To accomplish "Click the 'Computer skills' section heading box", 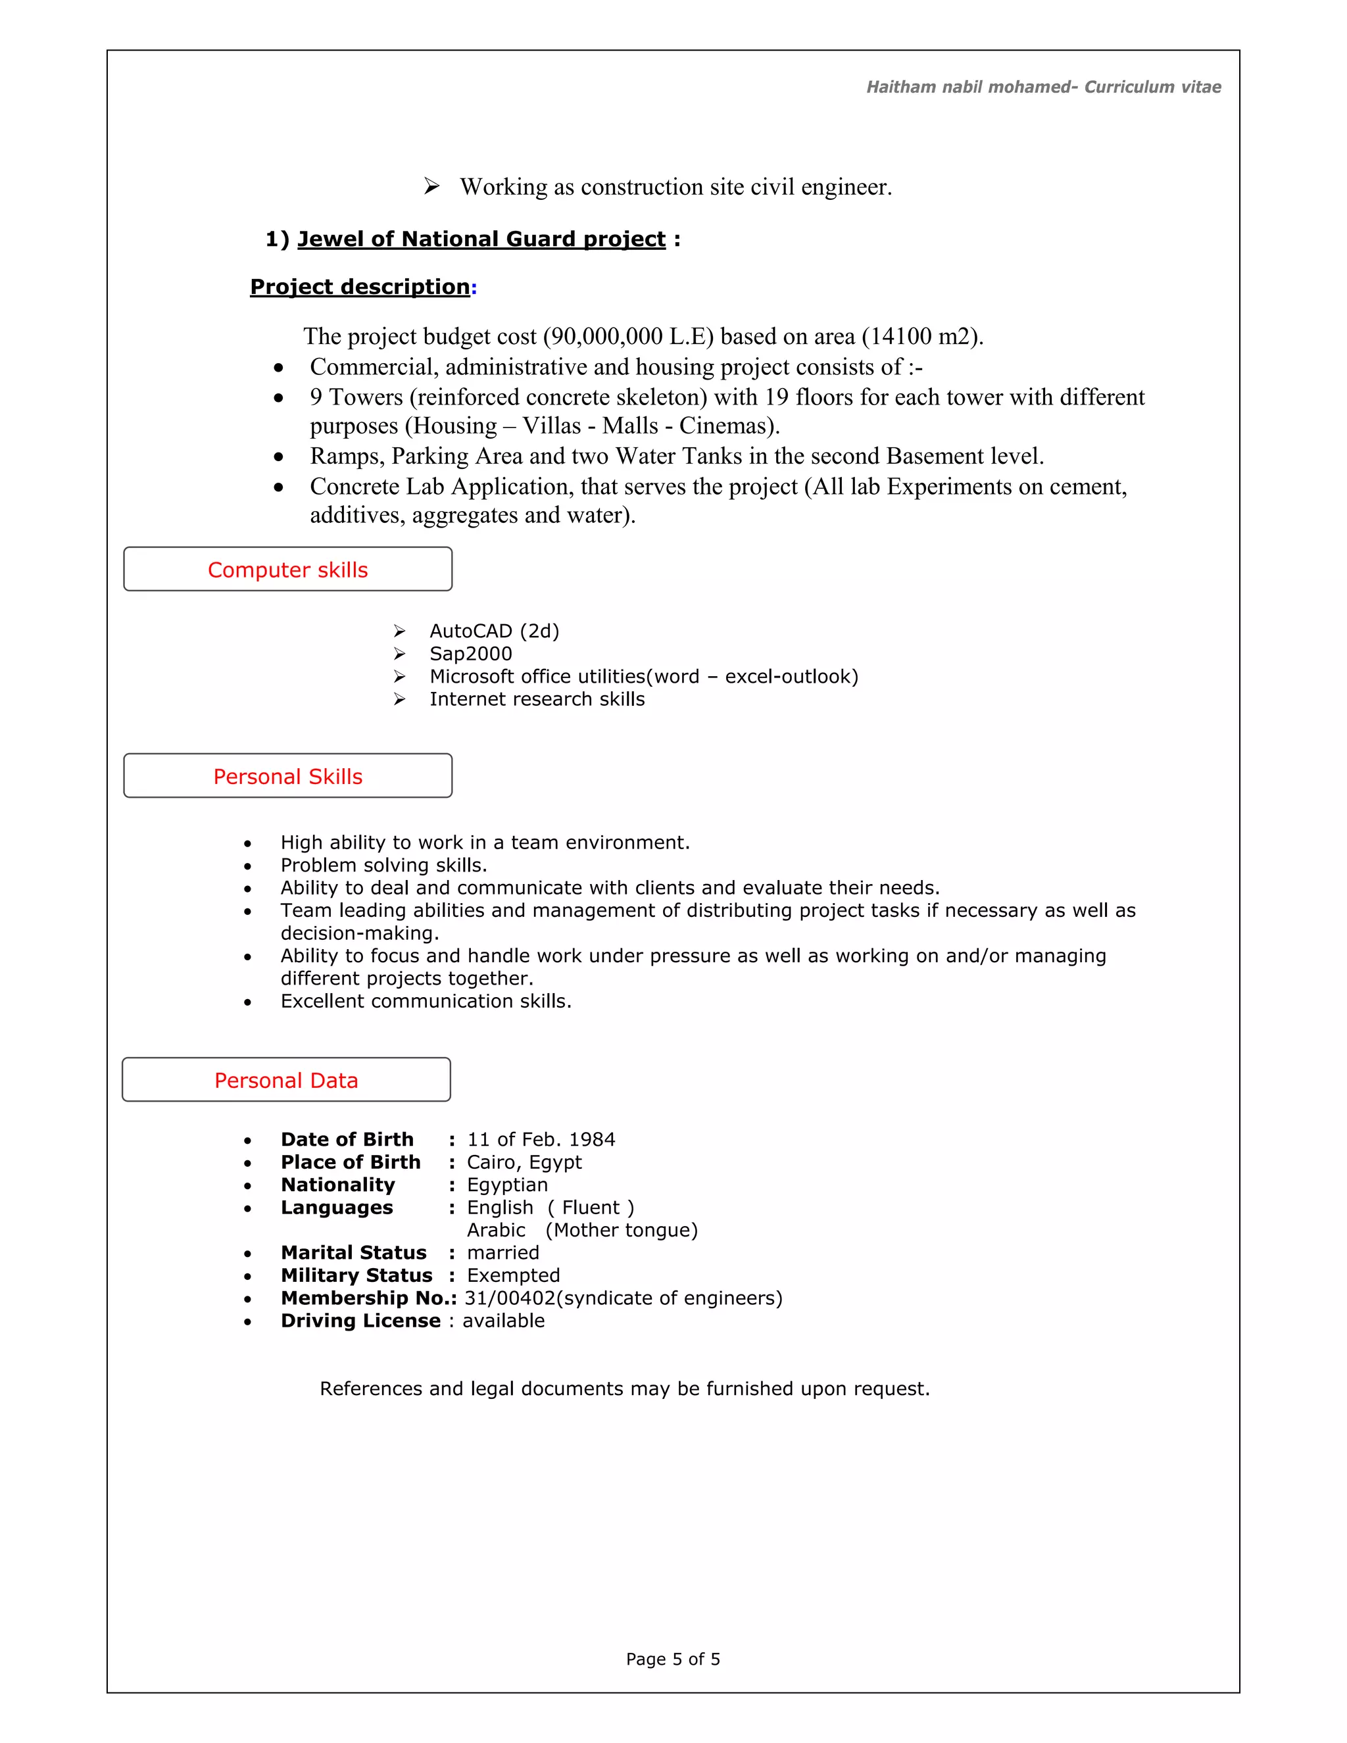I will pyautogui.click(x=287, y=569).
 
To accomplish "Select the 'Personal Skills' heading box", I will pyautogui.click(x=287, y=775).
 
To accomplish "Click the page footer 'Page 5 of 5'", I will pyautogui.click(x=673, y=1659).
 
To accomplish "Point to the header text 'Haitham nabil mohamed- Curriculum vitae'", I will pyautogui.click(x=1043, y=87).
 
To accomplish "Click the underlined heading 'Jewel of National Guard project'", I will pyautogui.click(x=481, y=239).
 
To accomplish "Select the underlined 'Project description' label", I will pyautogui.click(x=360, y=287).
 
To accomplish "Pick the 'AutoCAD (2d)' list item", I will pyautogui.click(x=494, y=631).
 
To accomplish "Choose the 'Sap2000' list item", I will pyautogui.click(x=471, y=654).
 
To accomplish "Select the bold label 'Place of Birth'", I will pyautogui.click(x=351, y=1162).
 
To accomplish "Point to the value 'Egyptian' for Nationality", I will pyautogui.click(x=508, y=1185).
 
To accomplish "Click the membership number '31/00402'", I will pyautogui.click(x=509, y=1298).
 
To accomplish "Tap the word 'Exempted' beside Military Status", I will pyautogui.click(x=513, y=1275).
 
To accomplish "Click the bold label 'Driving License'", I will pyautogui.click(x=360, y=1321).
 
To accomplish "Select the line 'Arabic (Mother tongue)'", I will pyautogui.click(x=581, y=1230).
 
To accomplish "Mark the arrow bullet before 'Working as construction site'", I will pyautogui.click(x=431, y=186).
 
